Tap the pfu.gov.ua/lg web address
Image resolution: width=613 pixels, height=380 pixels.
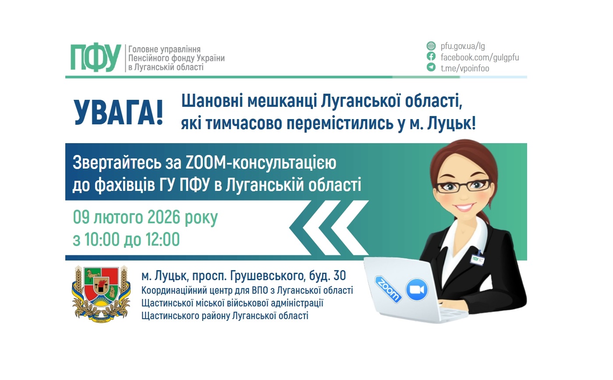pos(463,46)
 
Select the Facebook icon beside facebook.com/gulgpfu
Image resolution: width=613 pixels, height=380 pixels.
pos(431,56)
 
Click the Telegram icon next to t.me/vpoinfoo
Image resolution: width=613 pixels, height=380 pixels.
pos(431,67)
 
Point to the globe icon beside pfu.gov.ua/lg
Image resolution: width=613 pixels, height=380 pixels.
pos(431,46)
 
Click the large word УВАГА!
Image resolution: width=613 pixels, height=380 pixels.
pos(118,113)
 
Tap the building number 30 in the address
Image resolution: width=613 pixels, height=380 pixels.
pos(339,276)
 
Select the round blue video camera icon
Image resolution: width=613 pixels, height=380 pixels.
pos(417,289)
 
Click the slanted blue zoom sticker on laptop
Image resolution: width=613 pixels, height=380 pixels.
pos(388,289)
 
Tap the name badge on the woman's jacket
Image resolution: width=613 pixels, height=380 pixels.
pos(477,258)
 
